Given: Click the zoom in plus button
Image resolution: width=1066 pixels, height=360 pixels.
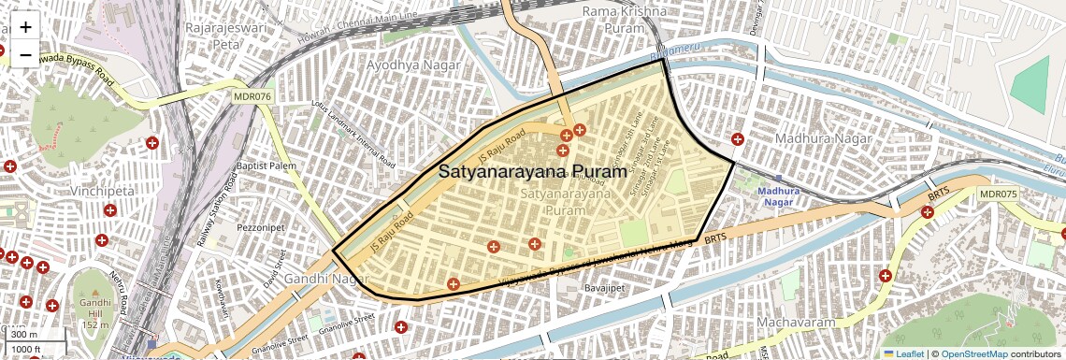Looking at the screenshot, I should point(25,28).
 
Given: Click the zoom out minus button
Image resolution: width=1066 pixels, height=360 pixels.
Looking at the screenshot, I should point(25,55).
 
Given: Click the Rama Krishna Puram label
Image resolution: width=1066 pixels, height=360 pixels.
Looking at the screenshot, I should point(624,19).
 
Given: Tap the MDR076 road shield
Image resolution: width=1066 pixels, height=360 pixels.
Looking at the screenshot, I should point(252,95).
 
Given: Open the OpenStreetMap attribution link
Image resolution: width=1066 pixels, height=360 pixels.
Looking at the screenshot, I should point(974,353).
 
